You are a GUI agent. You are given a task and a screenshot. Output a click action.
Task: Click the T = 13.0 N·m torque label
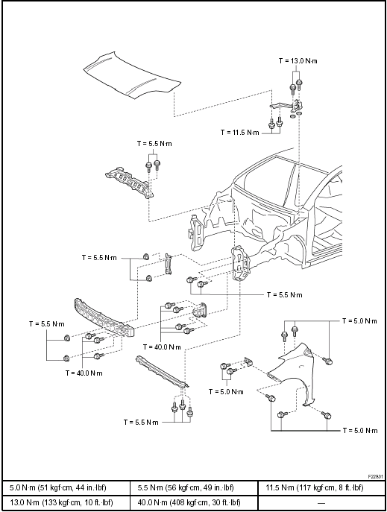(x=298, y=61)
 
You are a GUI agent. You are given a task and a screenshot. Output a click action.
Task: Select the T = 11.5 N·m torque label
(x=239, y=133)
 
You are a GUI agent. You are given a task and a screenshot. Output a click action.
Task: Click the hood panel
(x=132, y=75)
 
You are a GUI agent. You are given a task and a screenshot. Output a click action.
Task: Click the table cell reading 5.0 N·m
(x=66, y=488)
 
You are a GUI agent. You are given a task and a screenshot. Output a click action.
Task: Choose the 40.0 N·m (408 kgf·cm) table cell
(x=194, y=502)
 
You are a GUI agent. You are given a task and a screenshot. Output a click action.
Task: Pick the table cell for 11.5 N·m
(x=321, y=488)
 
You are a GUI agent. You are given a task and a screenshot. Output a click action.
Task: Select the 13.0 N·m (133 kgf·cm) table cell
(x=66, y=502)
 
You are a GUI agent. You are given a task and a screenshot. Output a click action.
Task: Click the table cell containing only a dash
(x=321, y=502)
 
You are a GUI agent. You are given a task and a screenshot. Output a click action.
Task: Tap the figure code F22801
(x=376, y=477)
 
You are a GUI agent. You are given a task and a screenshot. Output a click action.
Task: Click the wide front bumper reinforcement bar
(x=104, y=318)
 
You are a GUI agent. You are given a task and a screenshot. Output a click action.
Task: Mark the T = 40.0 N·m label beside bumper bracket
(x=162, y=347)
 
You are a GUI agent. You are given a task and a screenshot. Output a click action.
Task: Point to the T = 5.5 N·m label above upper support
(x=154, y=144)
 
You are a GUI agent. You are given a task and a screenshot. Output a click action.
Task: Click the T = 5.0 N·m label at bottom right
(x=360, y=430)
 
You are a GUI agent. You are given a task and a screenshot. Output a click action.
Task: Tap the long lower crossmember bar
(x=163, y=372)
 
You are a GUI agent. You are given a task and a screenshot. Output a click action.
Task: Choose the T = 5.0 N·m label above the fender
(x=359, y=321)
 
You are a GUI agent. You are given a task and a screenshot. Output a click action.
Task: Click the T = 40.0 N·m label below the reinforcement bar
(x=84, y=373)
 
